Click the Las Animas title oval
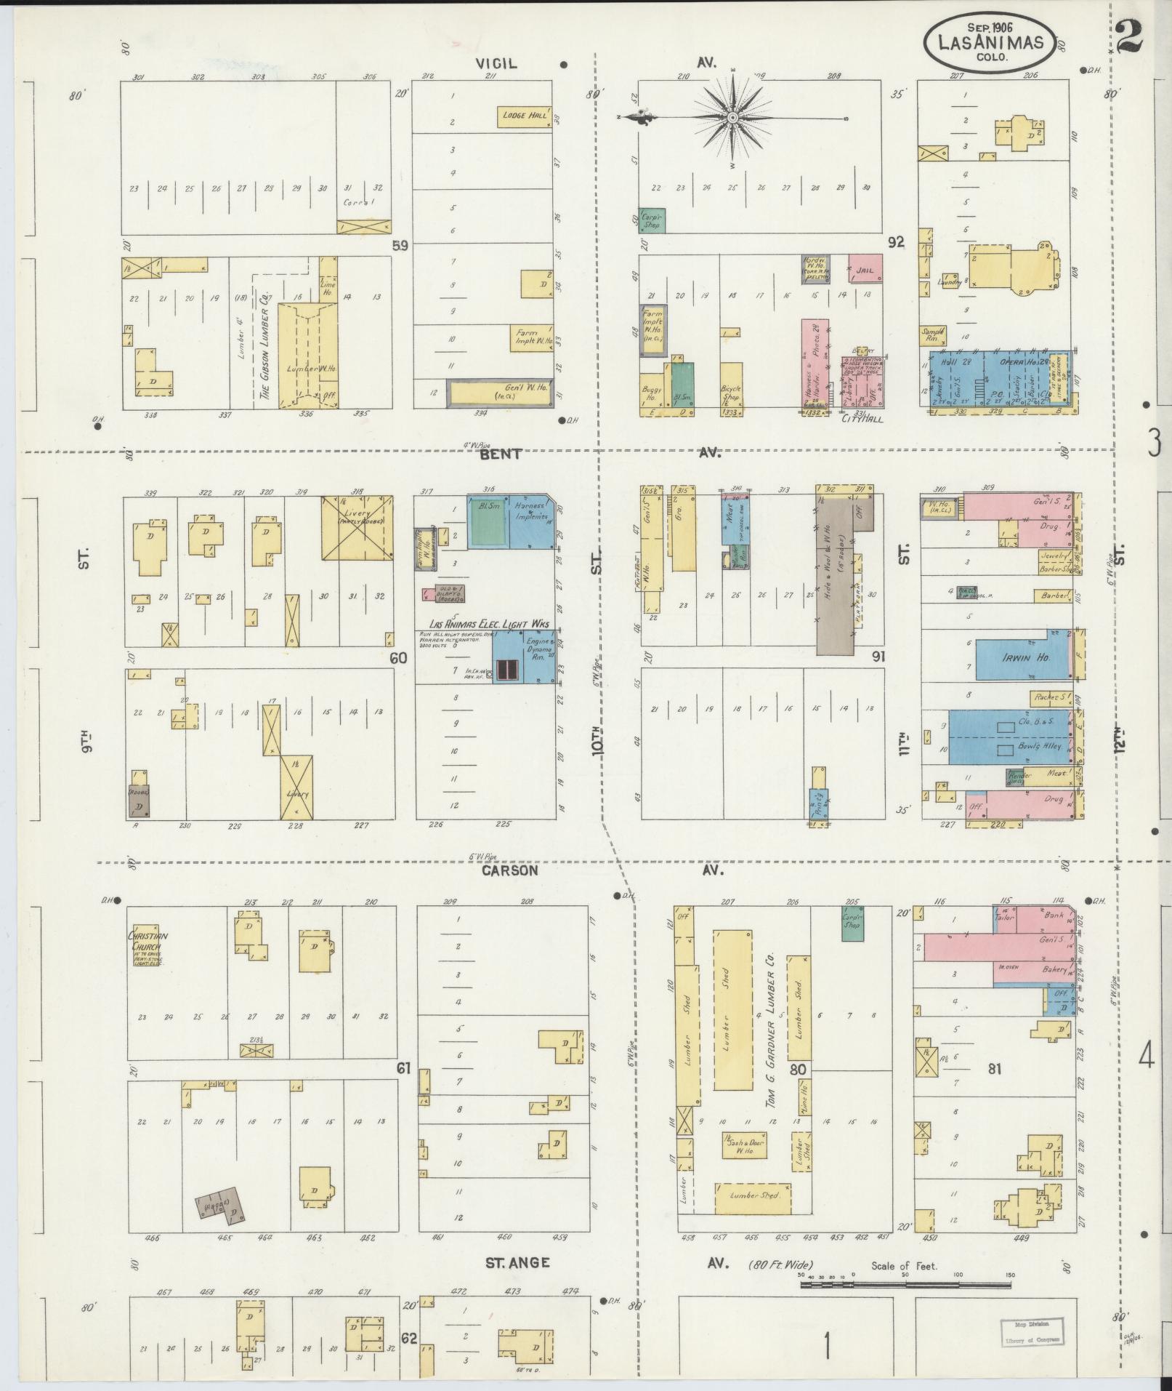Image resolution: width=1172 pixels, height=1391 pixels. pyautogui.click(x=990, y=41)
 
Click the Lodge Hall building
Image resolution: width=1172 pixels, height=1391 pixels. pyautogui.click(x=523, y=116)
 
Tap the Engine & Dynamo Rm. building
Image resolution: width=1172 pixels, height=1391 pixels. pyautogui.click(x=524, y=656)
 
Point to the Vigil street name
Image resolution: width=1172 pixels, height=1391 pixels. pyautogui.click(x=496, y=63)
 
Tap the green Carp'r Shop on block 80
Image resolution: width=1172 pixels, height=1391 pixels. pyautogui.click(x=852, y=922)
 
